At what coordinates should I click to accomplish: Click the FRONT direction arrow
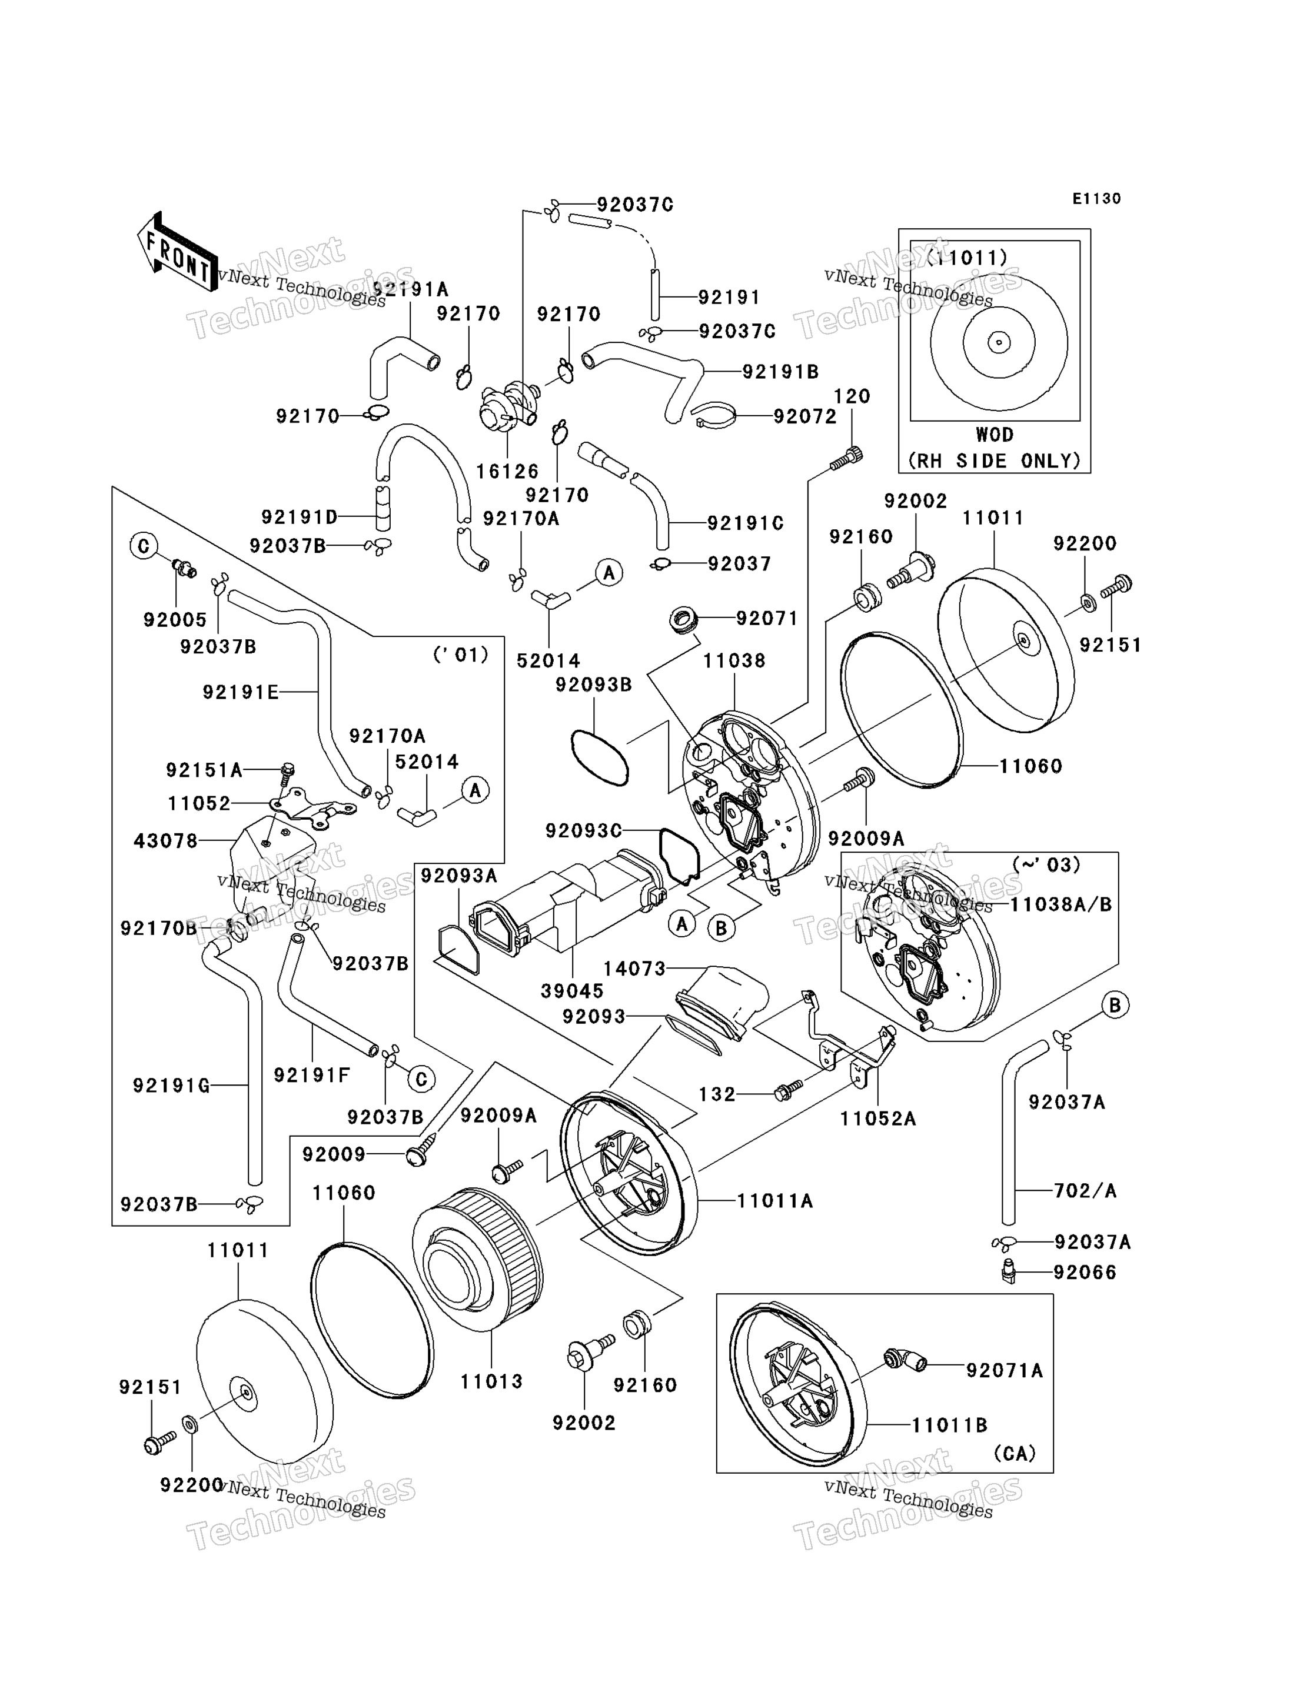pyautogui.click(x=176, y=251)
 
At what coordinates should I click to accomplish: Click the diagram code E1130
pyautogui.click(x=1096, y=199)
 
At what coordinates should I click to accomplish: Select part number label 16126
pyautogui.click(x=507, y=471)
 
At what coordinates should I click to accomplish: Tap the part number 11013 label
pyautogui.click(x=491, y=1381)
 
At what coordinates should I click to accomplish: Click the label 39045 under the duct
pyautogui.click(x=572, y=991)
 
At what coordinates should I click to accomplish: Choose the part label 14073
pyautogui.click(x=634, y=969)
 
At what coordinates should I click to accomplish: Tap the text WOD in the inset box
pyautogui.click(x=995, y=435)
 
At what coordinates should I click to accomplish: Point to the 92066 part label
pyautogui.click(x=1085, y=1273)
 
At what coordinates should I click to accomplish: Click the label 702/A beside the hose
pyautogui.click(x=1085, y=1190)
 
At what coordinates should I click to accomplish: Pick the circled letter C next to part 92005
pyautogui.click(x=144, y=546)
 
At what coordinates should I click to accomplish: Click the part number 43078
pyautogui.click(x=166, y=841)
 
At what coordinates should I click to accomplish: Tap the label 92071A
pyautogui.click(x=1005, y=1371)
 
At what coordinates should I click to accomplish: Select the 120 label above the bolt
pyautogui.click(x=852, y=397)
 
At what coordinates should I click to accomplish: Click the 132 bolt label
pyautogui.click(x=717, y=1094)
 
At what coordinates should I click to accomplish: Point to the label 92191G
pyautogui.click(x=171, y=1085)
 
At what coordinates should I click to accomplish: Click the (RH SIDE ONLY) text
pyautogui.click(x=995, y=460)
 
